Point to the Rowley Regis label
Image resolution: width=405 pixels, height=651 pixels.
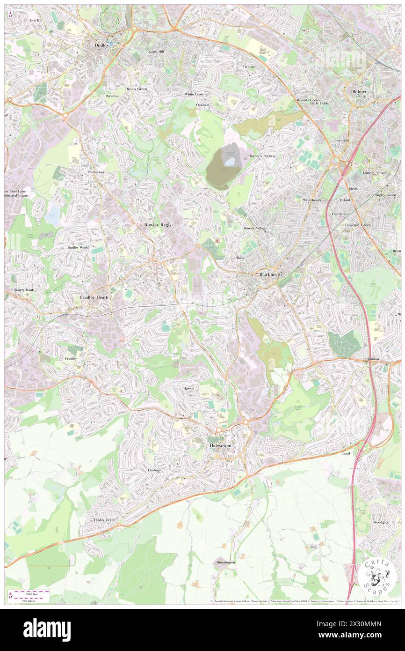[158, 225]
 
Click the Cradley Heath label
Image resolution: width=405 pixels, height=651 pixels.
[95, 297]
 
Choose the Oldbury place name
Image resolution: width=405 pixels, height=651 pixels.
[360, 91]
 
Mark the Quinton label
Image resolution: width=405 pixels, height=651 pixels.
[375, 359]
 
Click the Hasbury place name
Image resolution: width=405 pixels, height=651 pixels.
[154, 470]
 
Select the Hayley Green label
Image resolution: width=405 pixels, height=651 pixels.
[104, 520]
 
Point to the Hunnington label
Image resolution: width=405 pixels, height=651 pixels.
[225, 562]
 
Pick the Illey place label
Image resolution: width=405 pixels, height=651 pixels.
[313, 547]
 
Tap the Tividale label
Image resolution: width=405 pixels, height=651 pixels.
[249, 67]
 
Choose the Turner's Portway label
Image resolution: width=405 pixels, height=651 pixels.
[262, 156]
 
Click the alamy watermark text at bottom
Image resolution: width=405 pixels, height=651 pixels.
[47, 629]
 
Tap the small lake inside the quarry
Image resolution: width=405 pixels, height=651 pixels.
[229, 162]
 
